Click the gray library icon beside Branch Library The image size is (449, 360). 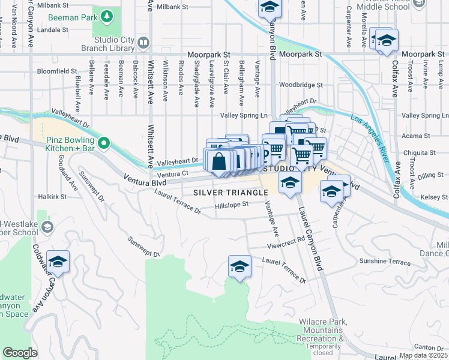[x=143, y=43]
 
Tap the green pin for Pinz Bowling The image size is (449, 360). [x=104, y=143]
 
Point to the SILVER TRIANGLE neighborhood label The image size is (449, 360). [x=231, y=192]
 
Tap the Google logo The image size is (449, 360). [x=20, y=352]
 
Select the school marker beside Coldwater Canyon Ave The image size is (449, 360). [x=58, y=262]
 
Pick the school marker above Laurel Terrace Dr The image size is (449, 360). [x=239, y=266]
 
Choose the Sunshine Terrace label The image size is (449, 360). [x=384, y=262]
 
